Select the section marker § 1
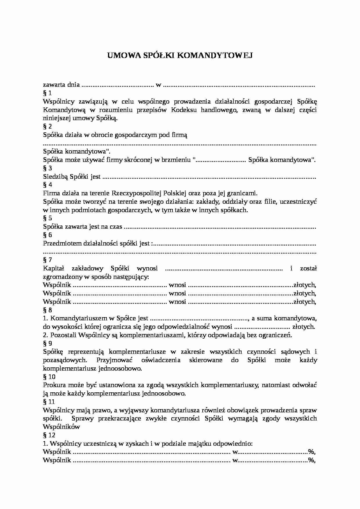[47, 93]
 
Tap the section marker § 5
[47, 218]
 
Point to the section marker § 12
[49, 435]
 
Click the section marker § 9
[47, 344]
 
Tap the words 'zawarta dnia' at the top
[61, 85]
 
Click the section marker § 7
[47, 260]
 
